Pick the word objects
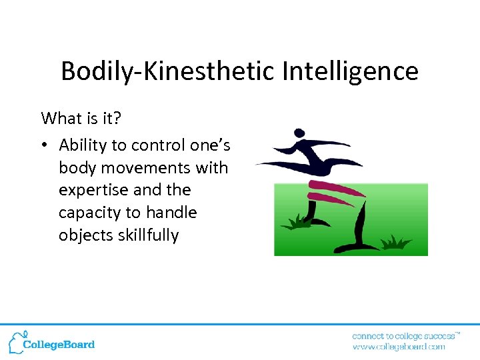[83, 235]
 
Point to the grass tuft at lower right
[394, 242]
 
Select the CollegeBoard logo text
[59, 345]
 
